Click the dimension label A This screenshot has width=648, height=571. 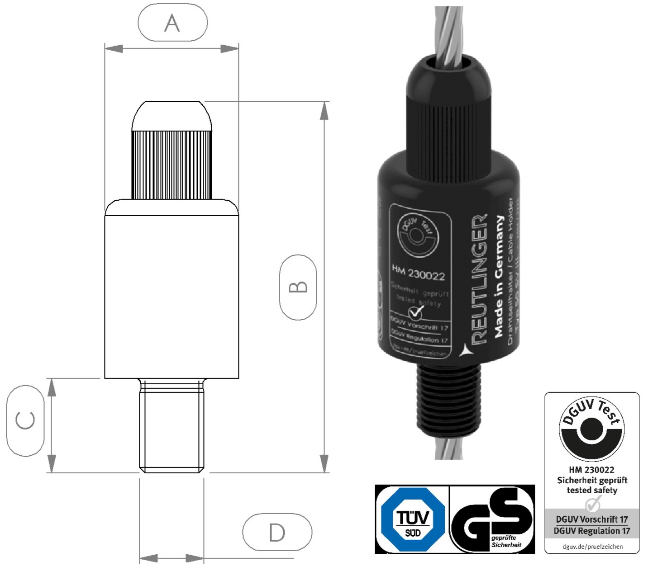(x=172, y=23)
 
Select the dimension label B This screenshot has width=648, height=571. (x=298, y=287)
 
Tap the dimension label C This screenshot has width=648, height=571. (x=25, y=420)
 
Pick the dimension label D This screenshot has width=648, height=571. (x=277, y=532)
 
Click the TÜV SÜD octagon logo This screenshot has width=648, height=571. (x=412, y=519)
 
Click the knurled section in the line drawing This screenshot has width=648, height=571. (x=172, y=165)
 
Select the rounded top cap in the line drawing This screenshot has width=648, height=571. (x=172, y=116)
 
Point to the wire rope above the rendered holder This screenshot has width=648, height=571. (x=448, y=32)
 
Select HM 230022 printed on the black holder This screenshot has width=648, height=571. (x=418, y=273)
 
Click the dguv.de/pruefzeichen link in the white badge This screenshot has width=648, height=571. (x=592, y=546)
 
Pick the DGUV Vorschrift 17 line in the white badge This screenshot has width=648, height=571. (x=592, y=519)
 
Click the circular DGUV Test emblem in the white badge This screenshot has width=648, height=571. (x=592, y=429)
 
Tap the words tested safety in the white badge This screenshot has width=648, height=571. (x=592, y=490)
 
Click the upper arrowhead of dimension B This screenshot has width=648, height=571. (x=324, y=111)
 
